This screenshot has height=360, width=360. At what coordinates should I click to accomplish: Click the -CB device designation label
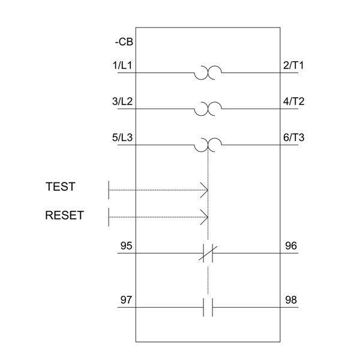124,43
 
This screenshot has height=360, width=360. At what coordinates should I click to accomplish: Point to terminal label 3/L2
123,101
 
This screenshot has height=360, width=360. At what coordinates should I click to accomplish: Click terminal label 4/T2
293,101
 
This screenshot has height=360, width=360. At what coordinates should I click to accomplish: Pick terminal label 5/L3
123,137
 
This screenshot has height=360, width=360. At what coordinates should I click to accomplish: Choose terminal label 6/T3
293,137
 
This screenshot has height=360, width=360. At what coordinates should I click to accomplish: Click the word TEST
61,187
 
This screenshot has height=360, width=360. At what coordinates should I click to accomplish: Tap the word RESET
64,215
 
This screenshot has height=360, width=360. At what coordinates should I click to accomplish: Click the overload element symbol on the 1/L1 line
208,73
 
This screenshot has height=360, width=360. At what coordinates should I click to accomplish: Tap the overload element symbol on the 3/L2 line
208,109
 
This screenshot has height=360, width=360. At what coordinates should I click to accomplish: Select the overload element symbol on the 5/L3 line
208,145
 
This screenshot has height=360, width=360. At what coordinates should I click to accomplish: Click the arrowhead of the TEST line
205,190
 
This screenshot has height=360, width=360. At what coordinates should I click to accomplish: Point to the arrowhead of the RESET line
205,217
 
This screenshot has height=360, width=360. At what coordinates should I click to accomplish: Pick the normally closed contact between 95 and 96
208,253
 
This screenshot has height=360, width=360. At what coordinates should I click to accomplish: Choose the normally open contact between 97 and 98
208,307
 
